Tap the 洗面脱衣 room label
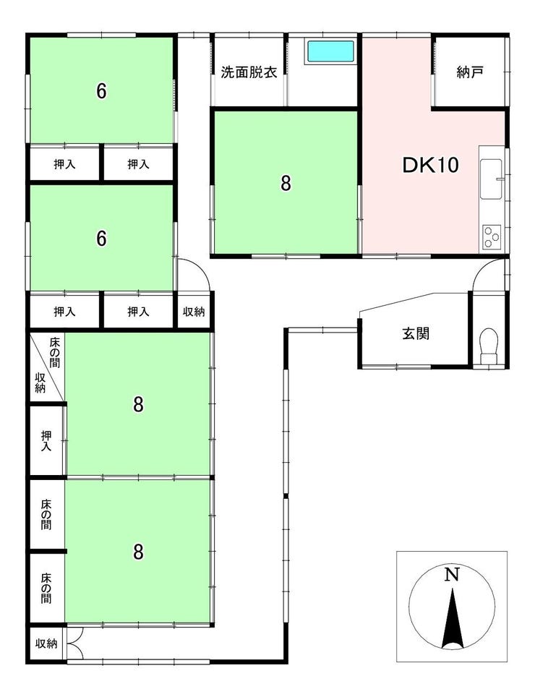pyautogui.click(x=249, y=72)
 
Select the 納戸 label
pyautogui.click(x=470, y=72)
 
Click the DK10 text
pyautogui.click(x=430, y=165)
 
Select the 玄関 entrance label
pyautogui.click(x=416, y=333)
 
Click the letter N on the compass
pyautogui.click(x=452, y=576)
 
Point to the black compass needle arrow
pyautogui.click(x=453, y=618)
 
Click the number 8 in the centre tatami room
pyautogui.click(x=286, y=183)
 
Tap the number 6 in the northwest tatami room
pyautogui.click(x=102, y=91)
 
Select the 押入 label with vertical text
pyautogui.click(x=46, y=441)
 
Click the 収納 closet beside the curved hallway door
pyautogui.click(x=194, y=312)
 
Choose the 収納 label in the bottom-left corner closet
pyautogui.click(x=46, y=643)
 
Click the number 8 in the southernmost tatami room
pyautogui.click(x=138, y=552)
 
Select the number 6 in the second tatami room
pyautogui.click(x=102, y=239)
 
